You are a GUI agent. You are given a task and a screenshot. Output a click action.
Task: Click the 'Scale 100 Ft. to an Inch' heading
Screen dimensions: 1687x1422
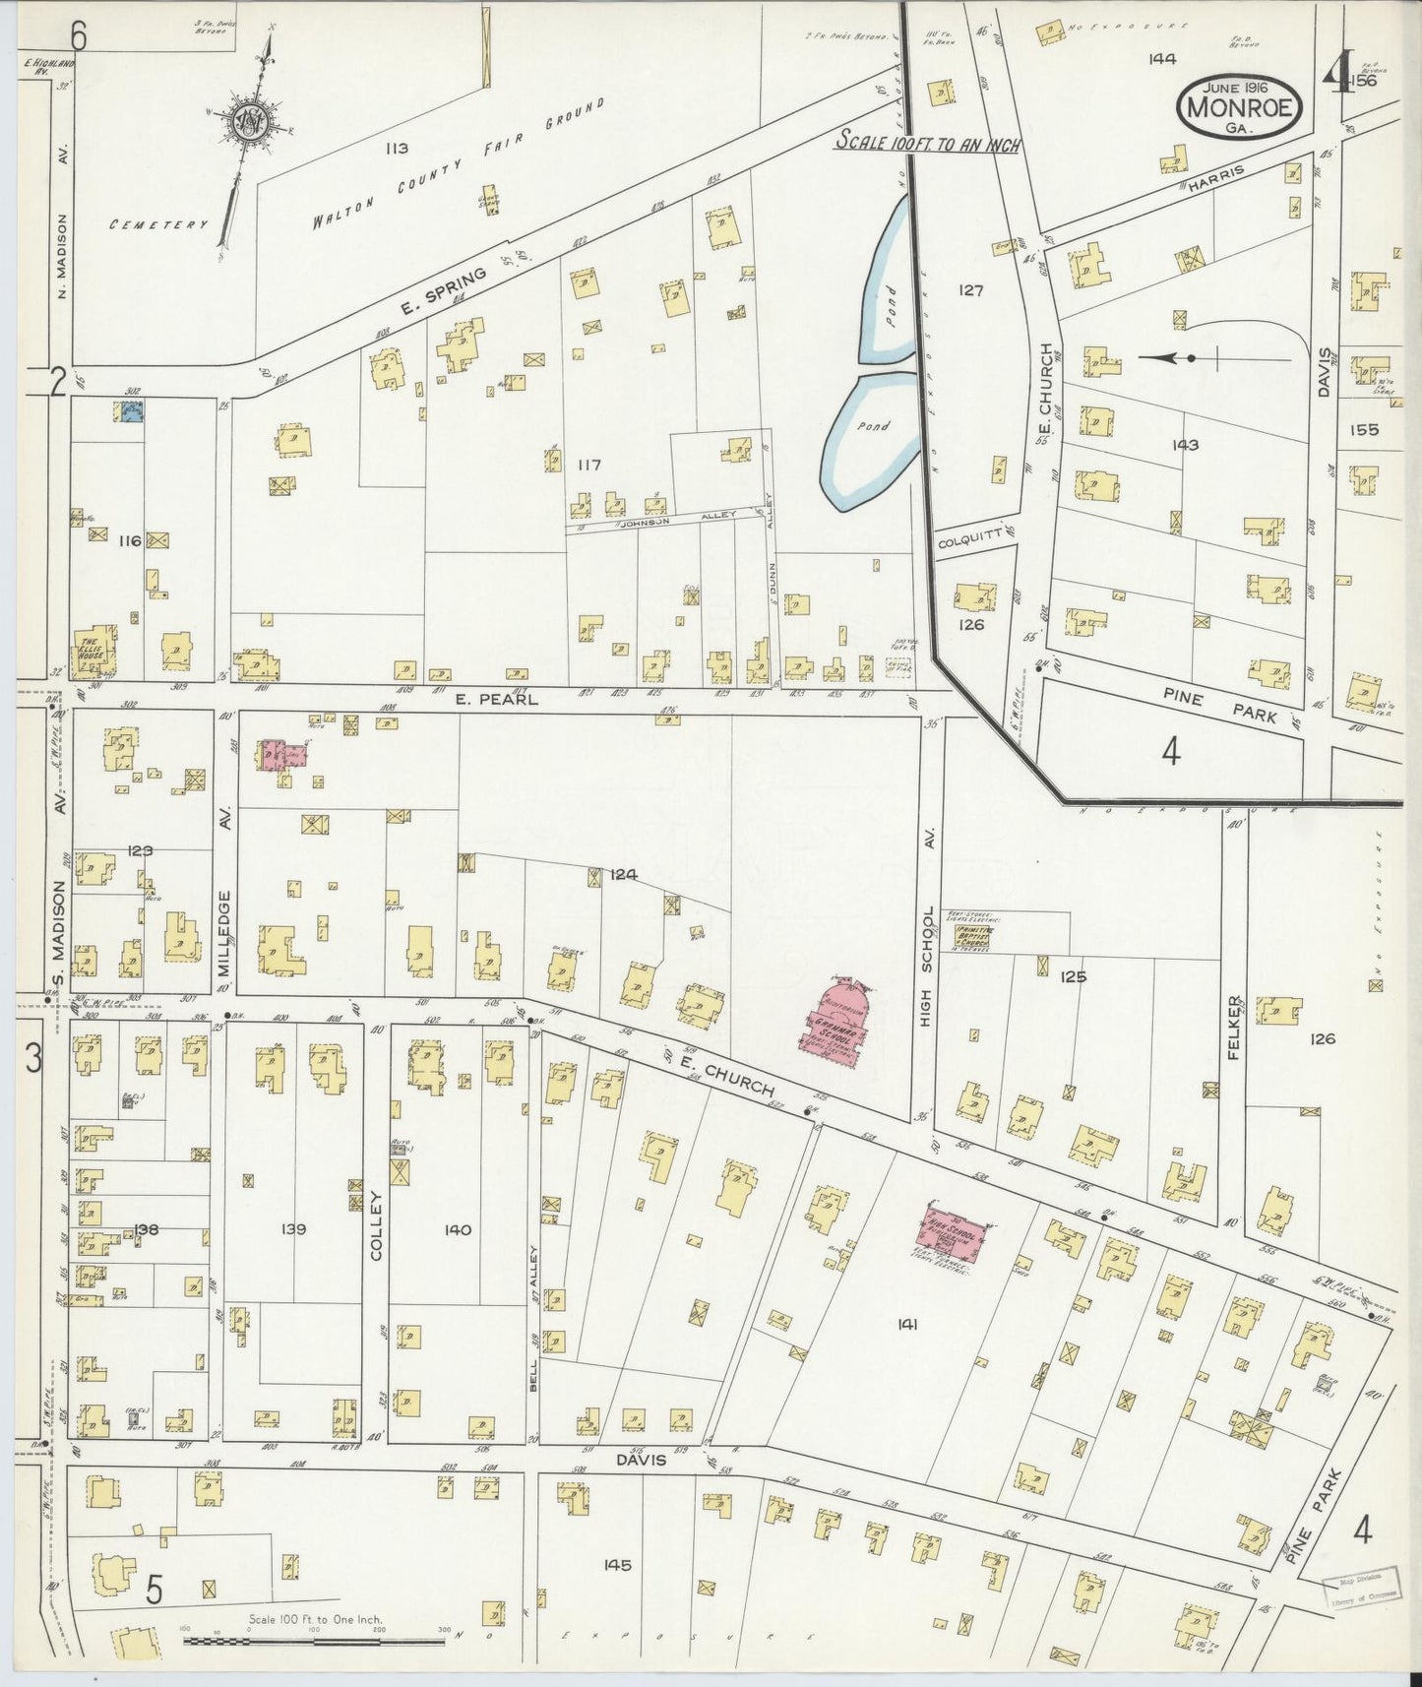coord(927,143)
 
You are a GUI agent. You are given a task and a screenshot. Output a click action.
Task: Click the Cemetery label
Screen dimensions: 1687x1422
coord(157,224)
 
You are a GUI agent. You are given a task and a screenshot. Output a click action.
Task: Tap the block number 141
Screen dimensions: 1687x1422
coord(906,1325)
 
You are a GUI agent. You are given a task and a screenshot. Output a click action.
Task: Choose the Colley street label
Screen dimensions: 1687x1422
coord(375,1226)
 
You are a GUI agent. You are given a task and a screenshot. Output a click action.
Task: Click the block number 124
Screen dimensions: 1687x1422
coord(623,872)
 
